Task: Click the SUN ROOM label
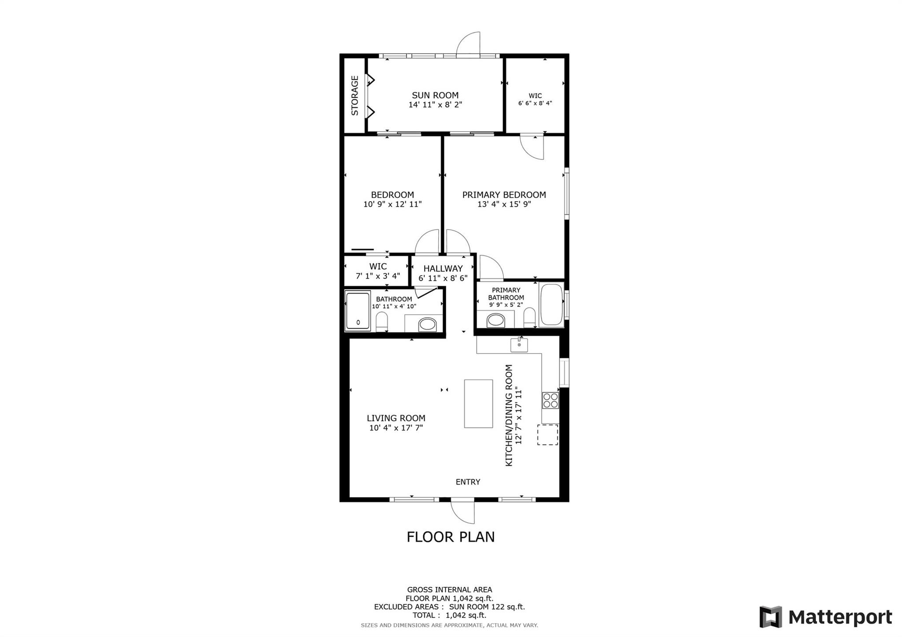[435, 95]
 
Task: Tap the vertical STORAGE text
[355, 96]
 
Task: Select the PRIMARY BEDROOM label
[504, 195]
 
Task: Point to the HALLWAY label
[443, 269]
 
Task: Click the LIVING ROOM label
[396, 418]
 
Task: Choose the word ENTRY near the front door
[468, 482]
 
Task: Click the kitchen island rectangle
[478, 404]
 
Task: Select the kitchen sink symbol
[519, 345]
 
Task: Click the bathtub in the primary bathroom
[551, 305]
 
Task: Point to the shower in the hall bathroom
[358, 311]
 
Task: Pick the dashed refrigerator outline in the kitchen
[547, 434]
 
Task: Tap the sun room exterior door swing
[468, 44]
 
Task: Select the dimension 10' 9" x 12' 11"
[392, 204]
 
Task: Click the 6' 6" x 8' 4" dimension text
[535, 103]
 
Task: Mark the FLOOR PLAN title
[451, 537]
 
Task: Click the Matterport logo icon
[770, 617]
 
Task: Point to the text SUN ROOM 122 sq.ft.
[487, 607]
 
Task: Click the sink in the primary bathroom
[495, 320]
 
